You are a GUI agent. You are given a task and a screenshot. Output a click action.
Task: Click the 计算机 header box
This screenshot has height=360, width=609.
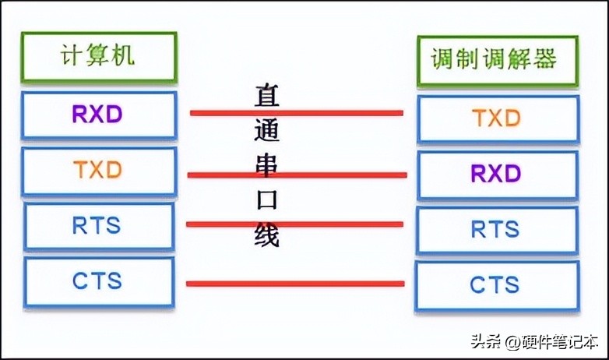(x=98, y=57)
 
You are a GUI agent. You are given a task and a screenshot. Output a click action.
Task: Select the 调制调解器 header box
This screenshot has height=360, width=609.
(x=498, y=59)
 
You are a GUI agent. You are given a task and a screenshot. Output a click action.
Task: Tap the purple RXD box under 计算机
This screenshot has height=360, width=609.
(x=98, y=115)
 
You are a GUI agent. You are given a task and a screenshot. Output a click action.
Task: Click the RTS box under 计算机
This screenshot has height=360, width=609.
(x=98, y=227)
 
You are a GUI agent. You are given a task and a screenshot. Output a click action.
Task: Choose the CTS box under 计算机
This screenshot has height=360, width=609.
(x=98, y=281)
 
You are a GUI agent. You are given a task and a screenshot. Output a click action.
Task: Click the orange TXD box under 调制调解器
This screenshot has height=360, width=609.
(x=498, y=119)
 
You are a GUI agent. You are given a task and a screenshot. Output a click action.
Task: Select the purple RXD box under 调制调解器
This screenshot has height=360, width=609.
(x=498, y=174)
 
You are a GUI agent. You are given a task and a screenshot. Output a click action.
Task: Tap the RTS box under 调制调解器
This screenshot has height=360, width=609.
(x=498, y=230)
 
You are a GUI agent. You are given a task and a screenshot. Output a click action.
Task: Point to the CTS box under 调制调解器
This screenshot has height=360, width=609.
(x=498, y=285)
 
